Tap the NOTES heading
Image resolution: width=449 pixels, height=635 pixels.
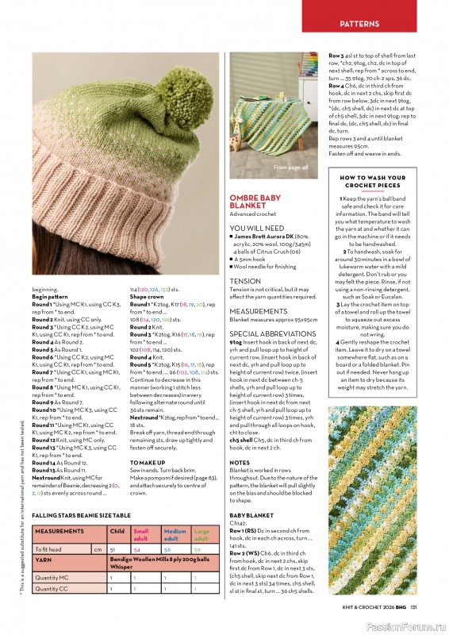pos(239,462)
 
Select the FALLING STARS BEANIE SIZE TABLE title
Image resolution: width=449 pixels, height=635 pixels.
pos(84,515)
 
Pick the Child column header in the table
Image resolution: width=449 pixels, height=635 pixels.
pos(116,531)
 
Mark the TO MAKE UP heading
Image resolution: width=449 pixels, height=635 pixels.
pos(148,461)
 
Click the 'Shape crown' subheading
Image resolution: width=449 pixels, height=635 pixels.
pos(148,296)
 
